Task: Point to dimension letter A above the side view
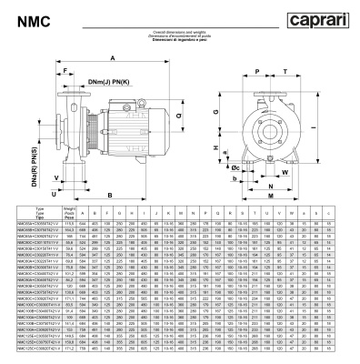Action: coord(111,57)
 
